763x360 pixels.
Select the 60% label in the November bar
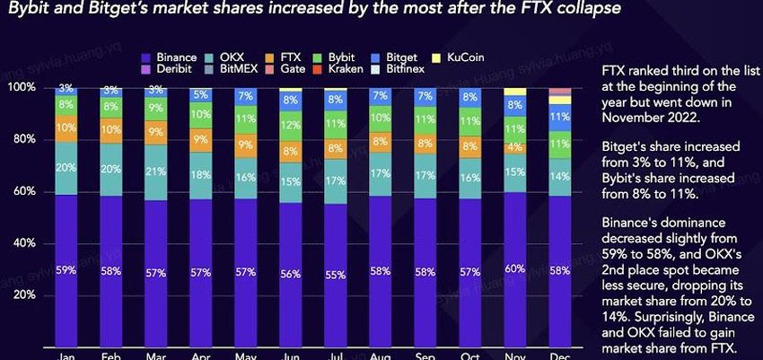click(x=514, y=268)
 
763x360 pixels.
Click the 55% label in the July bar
click(x=335, y=275)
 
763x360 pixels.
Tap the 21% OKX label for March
click(x=155, y=171)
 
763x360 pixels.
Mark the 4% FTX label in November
click(x=514, y=146)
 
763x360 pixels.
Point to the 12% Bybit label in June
click(x=290, y=126)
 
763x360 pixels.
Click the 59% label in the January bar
click(x=66, y=270)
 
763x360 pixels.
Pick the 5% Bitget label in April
click(x=200, y=94)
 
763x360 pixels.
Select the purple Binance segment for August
click(x=380, y=269)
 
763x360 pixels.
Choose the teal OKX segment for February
click(x=110, y=169)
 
